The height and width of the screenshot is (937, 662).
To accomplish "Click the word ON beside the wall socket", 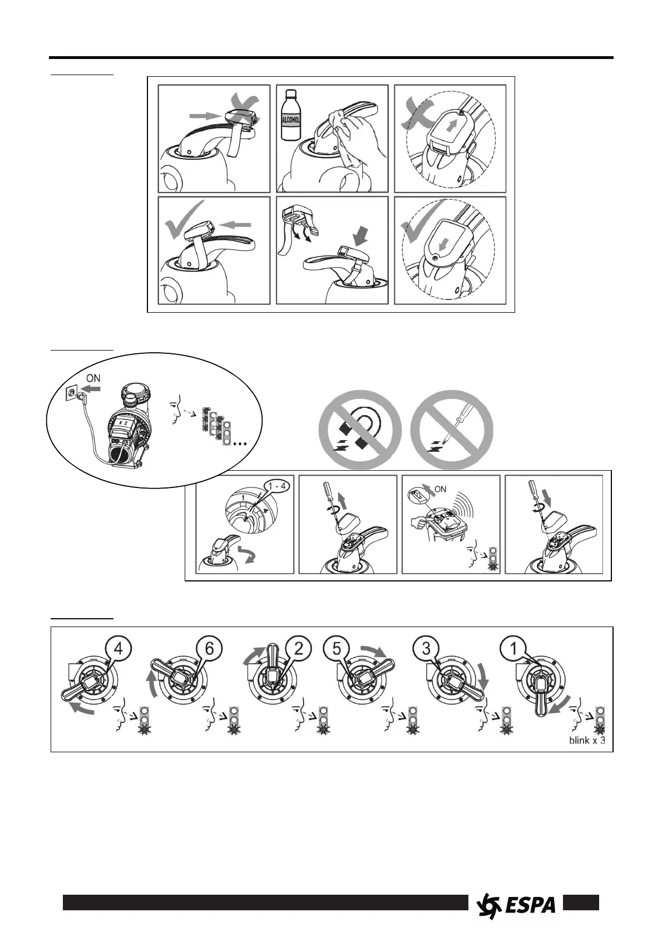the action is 93,378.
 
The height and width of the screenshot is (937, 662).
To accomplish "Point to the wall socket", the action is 70,392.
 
